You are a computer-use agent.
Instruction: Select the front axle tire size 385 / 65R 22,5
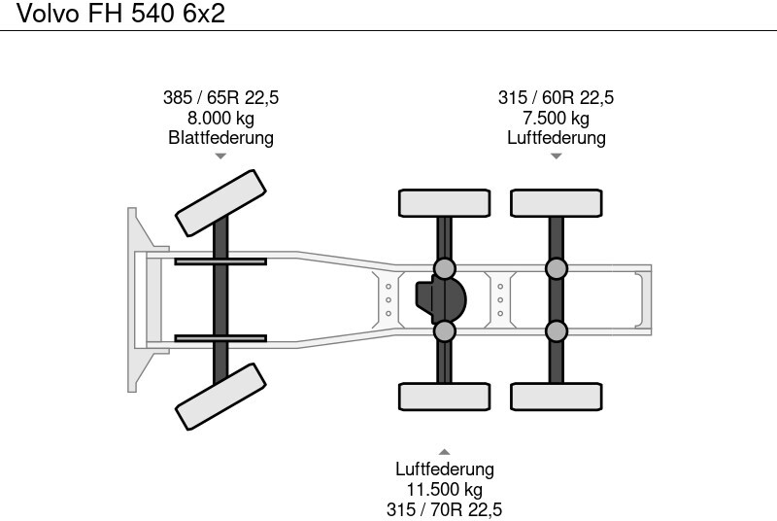coord(220,98)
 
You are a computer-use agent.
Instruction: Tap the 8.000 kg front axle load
coord(220,118)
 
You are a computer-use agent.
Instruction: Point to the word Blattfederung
coord(220,137)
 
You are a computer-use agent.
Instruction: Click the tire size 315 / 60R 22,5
coord(556,98)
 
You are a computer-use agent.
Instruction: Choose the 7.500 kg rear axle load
coord(556,118)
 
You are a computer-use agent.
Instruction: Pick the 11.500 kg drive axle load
coord(444,489)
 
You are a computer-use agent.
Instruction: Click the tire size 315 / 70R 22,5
coord(444,508)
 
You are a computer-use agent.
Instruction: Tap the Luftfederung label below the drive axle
coord(444,469)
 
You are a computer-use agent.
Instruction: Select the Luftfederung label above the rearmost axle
coord(556,137)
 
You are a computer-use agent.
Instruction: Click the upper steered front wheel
coord(220,202)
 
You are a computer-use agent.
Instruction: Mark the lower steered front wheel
coord(220,397)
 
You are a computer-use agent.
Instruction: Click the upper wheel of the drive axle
coord(444,202)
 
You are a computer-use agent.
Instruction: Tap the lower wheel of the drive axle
coord(444,397)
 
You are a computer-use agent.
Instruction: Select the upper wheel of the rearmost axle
coord(556,202)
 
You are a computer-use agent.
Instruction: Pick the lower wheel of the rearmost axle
coord(556,397)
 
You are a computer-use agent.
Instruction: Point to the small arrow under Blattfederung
coord(220,156)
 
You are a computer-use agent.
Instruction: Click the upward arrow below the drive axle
coord(444,451)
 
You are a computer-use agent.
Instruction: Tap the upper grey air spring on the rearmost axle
coord(556,267)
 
